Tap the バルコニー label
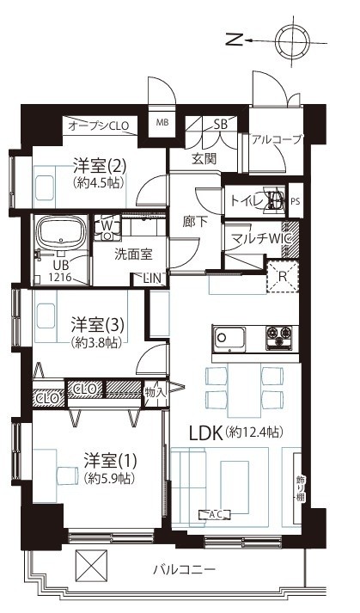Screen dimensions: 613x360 pyautogui.click(x=185, y=569)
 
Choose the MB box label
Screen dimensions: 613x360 pyautogui.click(x=162, y=123)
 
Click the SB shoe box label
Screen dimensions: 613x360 pyautogui.click(x=220, y=123)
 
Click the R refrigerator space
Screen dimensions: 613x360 pyautogui.click(x=281, y=276)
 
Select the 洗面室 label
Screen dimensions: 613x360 pyautogui.click(x=135, y=254)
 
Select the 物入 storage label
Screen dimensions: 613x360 pyautogui.click(x=155, y=389)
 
